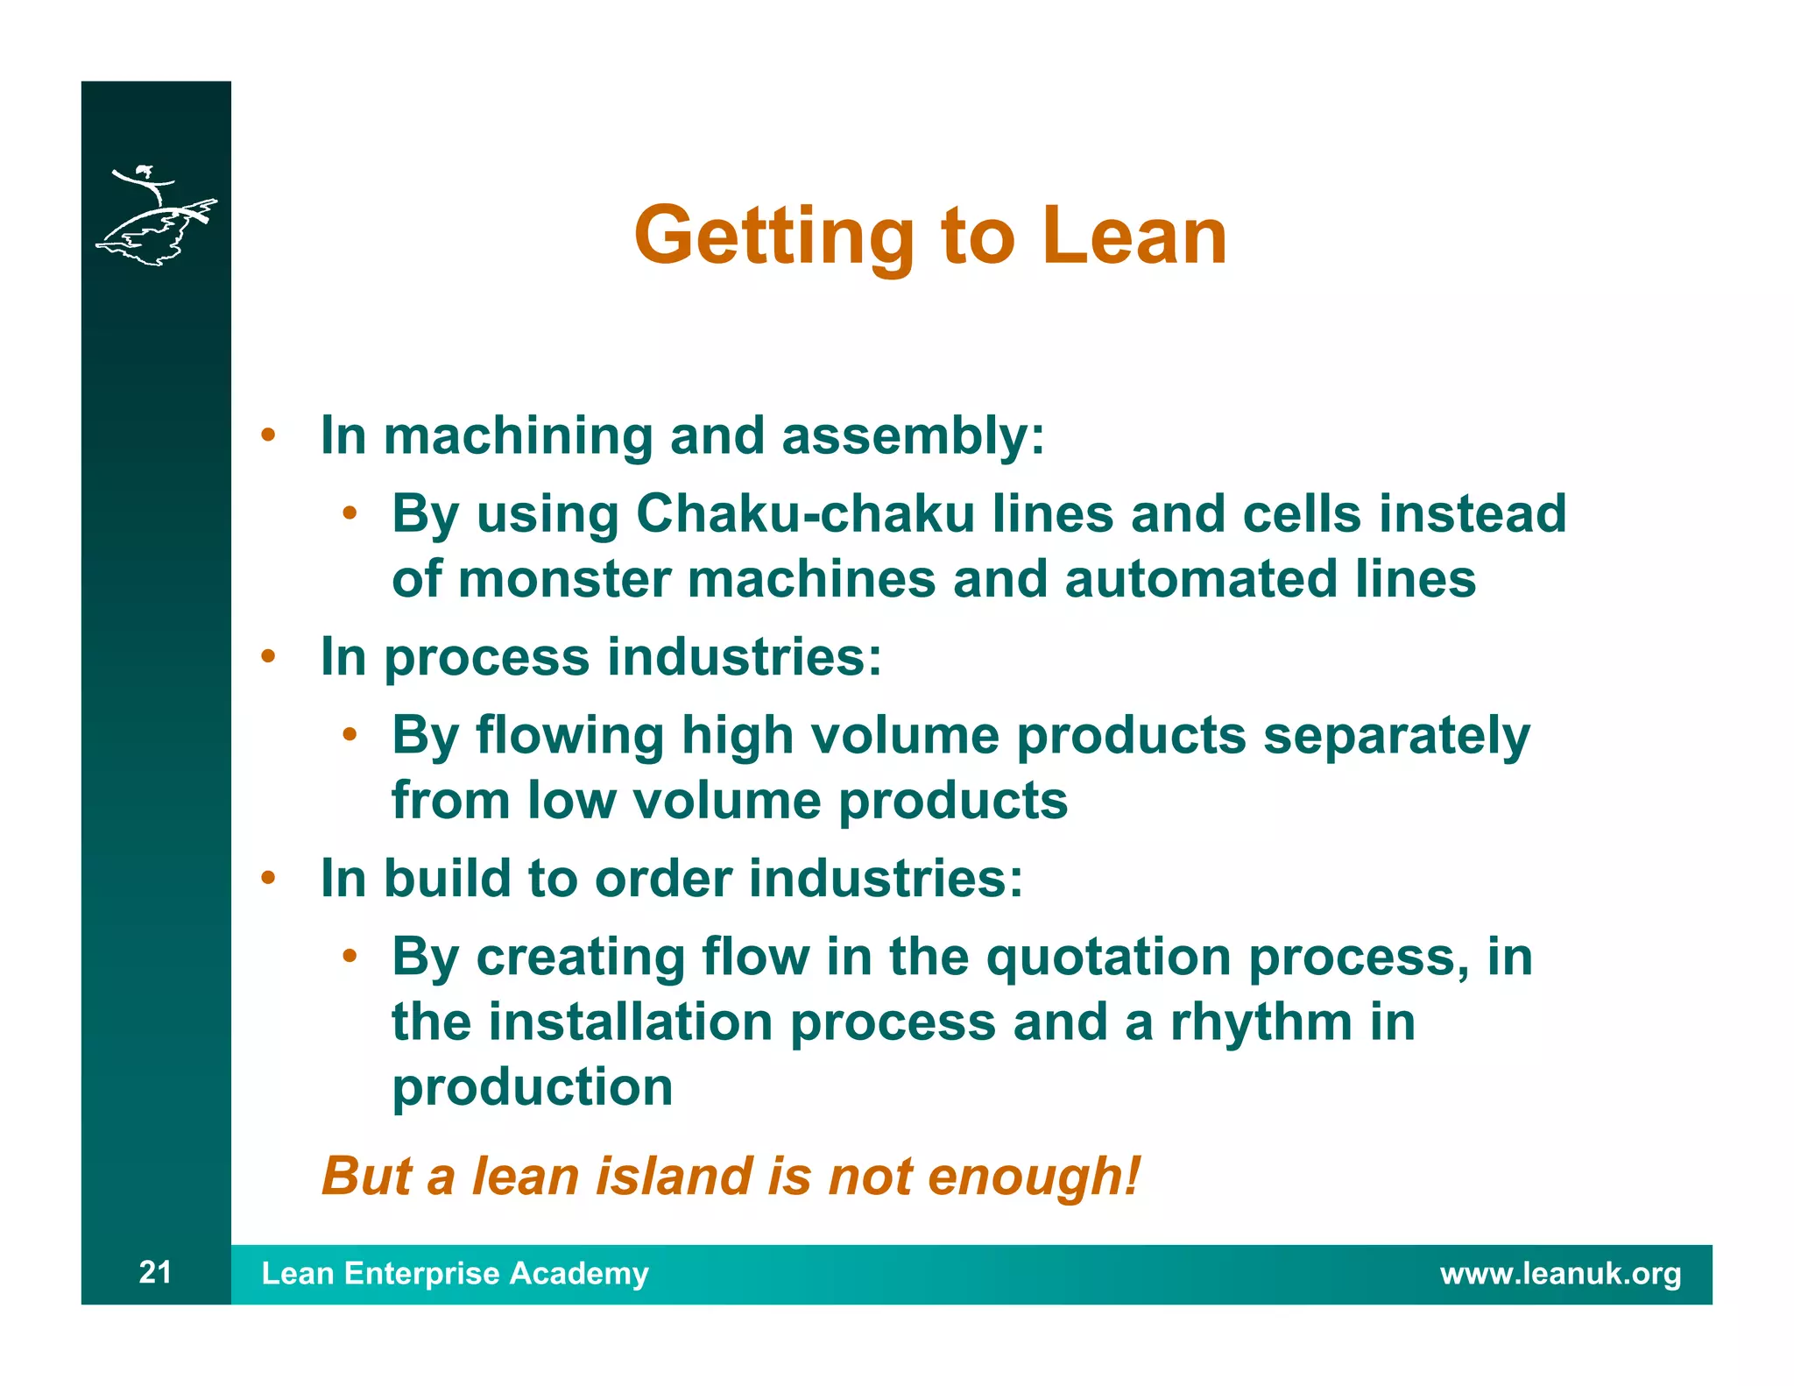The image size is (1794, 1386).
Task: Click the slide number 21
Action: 155,1272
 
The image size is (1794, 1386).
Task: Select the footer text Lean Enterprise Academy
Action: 455,1273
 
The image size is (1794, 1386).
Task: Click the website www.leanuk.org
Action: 1560,1273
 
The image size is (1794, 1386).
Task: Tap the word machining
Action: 518,435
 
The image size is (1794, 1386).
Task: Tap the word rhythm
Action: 1261,1022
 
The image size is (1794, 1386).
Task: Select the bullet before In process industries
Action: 269,656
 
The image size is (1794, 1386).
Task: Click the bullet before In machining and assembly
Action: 269,435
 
